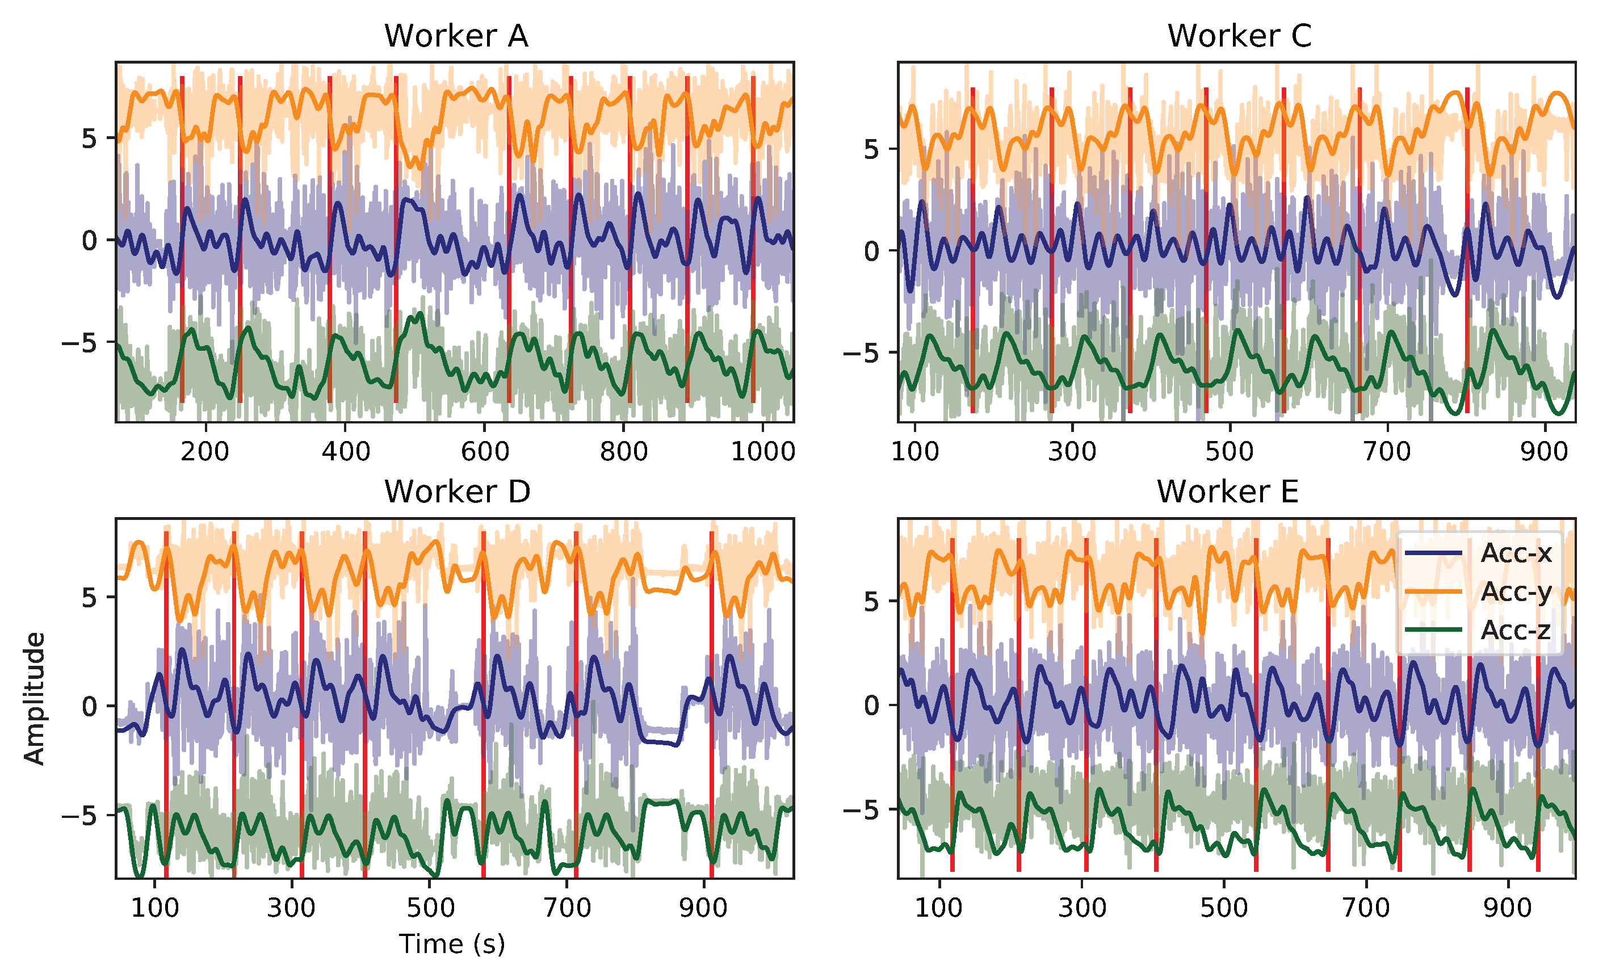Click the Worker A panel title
coord(456,36)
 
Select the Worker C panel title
coord(1239,36)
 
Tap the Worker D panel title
coord(457,492)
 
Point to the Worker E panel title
coord(1227,492)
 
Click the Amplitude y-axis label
coord(34,698)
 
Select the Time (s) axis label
coord(452,943)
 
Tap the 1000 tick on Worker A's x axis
coord(762,451)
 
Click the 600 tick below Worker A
coord(485,451)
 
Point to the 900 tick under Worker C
coord(1545,451)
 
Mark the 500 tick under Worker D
coord(430,908)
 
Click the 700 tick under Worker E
coord(1366,908)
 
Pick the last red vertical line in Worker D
coord(711,704)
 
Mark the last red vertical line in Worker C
coord(1467,251)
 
